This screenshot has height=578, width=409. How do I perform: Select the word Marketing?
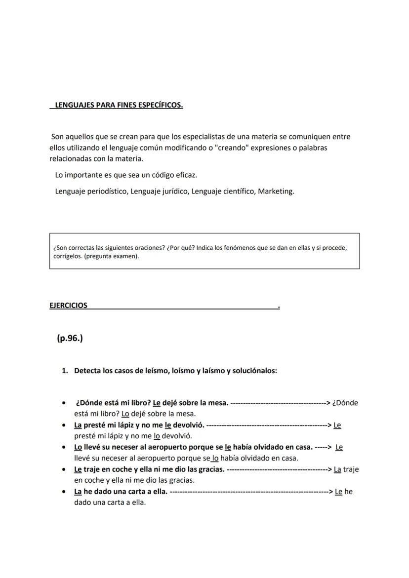coord(276,191)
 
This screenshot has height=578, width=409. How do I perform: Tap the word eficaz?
coord(186,175)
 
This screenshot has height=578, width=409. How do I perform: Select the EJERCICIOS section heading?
coord(68,306)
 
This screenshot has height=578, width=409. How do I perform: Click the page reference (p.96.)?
coord(70,339)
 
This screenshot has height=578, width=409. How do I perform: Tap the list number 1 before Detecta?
coord(64,370)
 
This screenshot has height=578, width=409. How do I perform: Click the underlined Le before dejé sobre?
coord(157,402)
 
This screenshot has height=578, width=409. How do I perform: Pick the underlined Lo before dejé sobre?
coord(125,414)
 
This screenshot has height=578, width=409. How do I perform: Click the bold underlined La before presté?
coord(78,424)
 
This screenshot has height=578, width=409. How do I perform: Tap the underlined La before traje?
coord(337,469)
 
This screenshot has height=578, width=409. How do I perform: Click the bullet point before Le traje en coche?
coord(64,469)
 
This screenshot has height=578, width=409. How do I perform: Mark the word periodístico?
coord(108,191)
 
